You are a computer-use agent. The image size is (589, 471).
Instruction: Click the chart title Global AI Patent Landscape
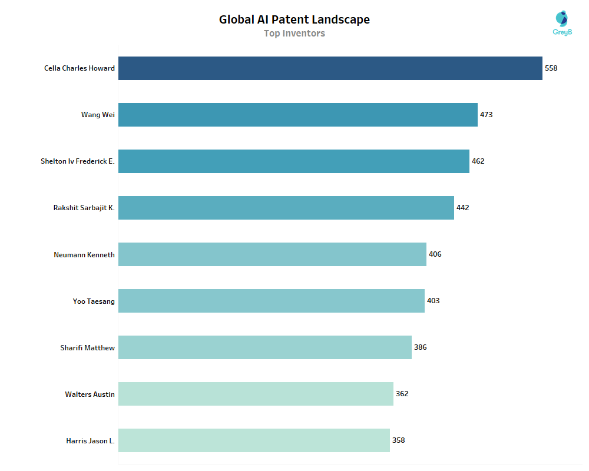point(294,19)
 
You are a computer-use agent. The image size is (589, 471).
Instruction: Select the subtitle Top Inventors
point(294,34)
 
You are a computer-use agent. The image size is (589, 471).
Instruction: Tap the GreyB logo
point(562,23)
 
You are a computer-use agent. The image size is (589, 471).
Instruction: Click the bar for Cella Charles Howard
point(330,68)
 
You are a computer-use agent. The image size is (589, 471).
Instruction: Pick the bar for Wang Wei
point(297,115)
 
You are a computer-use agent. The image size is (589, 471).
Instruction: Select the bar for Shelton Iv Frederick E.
point(293,161)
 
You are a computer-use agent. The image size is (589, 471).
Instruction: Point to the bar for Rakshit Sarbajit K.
point(286,208)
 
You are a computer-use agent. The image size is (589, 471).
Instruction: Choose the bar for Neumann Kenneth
point(272,254)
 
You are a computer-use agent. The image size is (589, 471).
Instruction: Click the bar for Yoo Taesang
point(271,301)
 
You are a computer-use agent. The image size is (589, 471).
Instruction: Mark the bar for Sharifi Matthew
point(264,347)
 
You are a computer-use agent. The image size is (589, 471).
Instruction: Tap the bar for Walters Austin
point(256,394)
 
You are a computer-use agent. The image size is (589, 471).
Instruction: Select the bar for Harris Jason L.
point(254,440)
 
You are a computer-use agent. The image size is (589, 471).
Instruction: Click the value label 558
point(551,68)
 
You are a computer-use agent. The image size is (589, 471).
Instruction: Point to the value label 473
point(487,115)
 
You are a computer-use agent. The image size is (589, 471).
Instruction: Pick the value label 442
point(463,208)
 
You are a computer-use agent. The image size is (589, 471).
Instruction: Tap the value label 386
point(421,347)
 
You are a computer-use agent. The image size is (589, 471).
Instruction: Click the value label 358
point(399,440)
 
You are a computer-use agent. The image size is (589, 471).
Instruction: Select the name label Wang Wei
point(98,115)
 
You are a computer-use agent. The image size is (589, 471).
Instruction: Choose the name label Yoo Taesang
point(94,301)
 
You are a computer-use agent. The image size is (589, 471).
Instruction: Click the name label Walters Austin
point(90,394)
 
